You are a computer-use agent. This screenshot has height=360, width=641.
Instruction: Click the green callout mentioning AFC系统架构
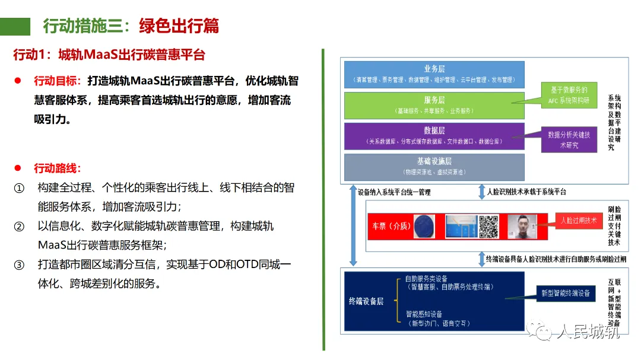tap(569, 94)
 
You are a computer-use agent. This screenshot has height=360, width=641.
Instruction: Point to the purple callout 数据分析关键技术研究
tap(569, 140)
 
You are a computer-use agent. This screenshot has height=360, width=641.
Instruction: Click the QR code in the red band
tap(489, 225)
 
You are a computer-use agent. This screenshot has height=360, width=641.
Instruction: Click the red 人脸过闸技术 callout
tap(578, 221)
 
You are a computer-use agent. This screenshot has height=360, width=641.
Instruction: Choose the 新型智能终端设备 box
tap(566, 294)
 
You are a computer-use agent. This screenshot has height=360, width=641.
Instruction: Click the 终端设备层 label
tap(366, 301)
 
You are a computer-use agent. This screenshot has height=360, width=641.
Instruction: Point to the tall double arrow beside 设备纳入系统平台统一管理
tap(354, 225)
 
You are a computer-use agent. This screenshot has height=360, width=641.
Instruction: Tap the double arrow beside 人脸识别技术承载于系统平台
tap(481, 192)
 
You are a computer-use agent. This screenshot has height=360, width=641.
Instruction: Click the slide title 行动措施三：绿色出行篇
tap(131, 26)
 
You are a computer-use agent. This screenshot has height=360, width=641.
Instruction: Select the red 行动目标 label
tap(57, 81)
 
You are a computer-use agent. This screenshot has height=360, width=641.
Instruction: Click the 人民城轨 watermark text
tap(588, 332)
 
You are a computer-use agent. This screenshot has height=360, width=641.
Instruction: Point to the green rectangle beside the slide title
tap(15, 26)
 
